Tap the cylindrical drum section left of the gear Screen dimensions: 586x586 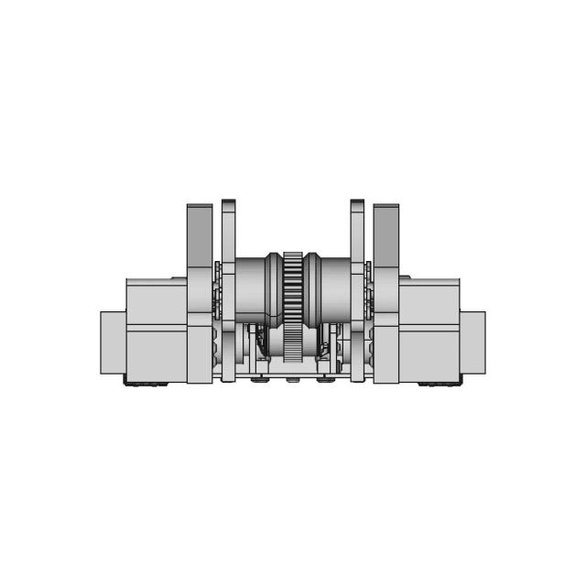click(x=249, y=288)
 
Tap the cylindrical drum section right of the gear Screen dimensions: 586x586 click(x=335, y=288)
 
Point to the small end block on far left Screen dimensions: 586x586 click(x=112, y=342)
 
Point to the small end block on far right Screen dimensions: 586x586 click(x=473, y=342)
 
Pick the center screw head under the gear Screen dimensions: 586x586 click(x=293, y=379)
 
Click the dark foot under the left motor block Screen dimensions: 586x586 click(x=146, y=384)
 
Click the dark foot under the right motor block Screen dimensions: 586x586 click(x=439, y=384)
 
